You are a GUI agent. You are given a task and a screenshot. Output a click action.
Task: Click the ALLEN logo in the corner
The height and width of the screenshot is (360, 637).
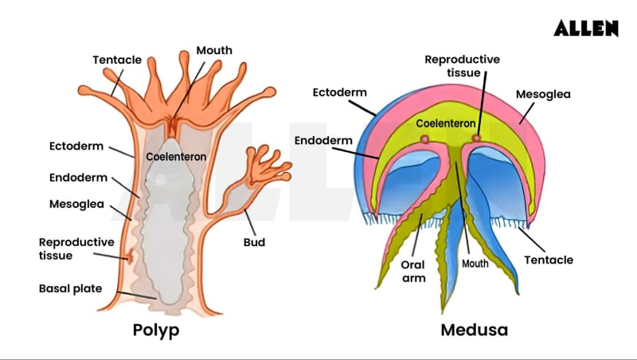pos(586,28)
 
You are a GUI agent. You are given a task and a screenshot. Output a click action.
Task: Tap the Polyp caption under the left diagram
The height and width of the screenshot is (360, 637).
pos(156,329)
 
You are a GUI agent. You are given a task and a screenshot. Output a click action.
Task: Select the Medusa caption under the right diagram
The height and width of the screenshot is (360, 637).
pos(474,329)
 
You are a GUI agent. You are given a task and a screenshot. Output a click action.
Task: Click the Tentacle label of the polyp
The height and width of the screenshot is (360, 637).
pos(117,60)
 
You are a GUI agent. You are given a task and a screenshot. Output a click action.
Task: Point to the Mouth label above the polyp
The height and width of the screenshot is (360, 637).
pos(214,50)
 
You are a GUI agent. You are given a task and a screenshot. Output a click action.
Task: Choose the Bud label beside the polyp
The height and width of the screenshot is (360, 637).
pos(253,241)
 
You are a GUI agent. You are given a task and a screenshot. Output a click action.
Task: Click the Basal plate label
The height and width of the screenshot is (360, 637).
pos(71,288)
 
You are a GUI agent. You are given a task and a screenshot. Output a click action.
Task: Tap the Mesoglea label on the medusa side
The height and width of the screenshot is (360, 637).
pos(543,94)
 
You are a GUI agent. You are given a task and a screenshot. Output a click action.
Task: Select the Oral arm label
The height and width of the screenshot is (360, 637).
pos(413,271)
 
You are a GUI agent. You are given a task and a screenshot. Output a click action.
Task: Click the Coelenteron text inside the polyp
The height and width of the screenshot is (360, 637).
pos(176,157)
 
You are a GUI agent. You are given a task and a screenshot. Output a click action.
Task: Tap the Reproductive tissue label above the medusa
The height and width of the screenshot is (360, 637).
pos(462,65)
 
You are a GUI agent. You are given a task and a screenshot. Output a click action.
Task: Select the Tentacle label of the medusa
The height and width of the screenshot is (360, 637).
pos(548,260)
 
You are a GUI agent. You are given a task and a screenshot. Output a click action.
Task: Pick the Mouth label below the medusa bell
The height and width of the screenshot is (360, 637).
pos(475,262)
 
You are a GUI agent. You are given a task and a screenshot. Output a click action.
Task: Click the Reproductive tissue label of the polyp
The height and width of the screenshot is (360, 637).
pos(76,248)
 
